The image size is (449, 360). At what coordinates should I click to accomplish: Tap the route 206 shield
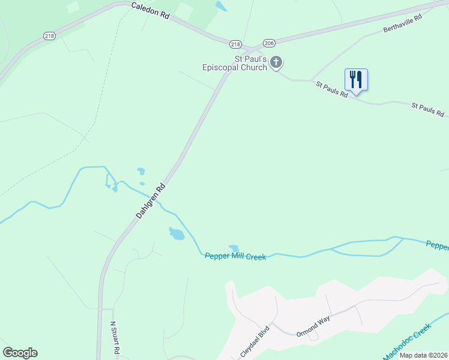(268, 43)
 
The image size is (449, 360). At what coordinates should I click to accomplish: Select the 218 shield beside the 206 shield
(235, 44)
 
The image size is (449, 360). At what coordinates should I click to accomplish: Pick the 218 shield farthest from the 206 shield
(50, 36)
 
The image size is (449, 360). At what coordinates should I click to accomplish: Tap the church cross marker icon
(276, 62)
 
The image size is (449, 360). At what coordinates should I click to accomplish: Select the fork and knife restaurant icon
(356, 79)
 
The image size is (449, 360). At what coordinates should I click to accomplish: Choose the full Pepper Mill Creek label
(235, 256)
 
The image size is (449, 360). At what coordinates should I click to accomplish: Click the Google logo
(20, 353)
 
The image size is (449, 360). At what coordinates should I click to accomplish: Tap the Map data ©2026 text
(423, 355)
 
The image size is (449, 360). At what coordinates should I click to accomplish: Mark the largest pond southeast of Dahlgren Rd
(176, 233)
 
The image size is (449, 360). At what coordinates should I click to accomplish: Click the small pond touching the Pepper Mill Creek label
(234, 248)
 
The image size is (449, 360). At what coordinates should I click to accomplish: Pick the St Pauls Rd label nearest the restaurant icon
(332, 89)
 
